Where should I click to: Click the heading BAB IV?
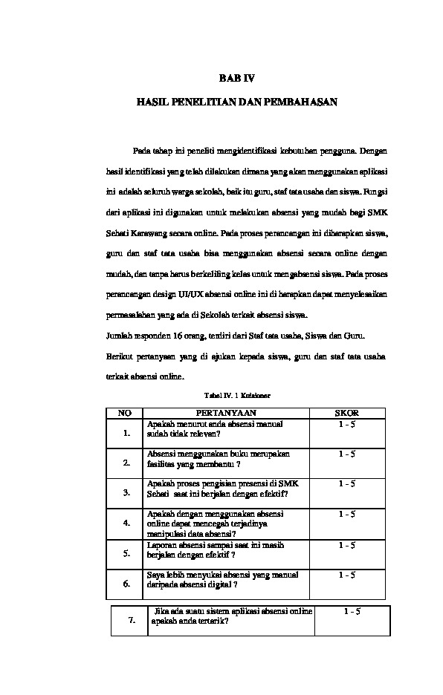tap(237, 77)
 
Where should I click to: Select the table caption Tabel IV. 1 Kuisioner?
tap(236, 397)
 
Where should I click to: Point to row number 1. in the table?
tap(126, 433)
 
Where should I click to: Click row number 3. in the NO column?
tap(126, 492)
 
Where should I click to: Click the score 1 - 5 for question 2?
tap(346, 453)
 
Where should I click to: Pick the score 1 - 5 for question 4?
tap(346, 513)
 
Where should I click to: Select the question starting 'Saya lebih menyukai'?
tap(223, 579)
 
